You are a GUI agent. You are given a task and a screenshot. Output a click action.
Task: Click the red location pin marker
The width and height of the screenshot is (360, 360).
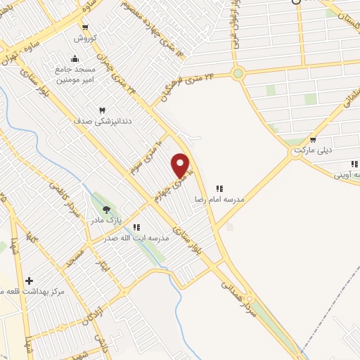(x=181, y=165)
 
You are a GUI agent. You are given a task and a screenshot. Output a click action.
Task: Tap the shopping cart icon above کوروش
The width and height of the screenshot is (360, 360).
(x=84, y=28)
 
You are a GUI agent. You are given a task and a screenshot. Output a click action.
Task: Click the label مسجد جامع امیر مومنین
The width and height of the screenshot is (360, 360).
(x=73, y=72)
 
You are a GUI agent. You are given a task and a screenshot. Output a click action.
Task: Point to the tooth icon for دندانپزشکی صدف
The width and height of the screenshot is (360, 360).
(x=103, y=110)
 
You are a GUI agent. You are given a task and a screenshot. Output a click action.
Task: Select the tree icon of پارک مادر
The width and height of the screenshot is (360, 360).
(x=106, y=209)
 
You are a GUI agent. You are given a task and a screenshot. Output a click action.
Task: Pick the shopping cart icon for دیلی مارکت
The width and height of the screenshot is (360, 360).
(x=311, y=139)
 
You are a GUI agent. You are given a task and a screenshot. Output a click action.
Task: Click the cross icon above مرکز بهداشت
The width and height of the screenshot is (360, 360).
(x=29, y=281)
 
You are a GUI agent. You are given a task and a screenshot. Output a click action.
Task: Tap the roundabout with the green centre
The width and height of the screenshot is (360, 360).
(x=238, y=72)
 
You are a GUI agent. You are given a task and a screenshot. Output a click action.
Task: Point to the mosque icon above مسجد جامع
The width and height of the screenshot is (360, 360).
(x=75, y=58)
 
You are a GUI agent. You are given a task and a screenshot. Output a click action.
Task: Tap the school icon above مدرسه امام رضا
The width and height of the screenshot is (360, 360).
(x=219, y=188)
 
